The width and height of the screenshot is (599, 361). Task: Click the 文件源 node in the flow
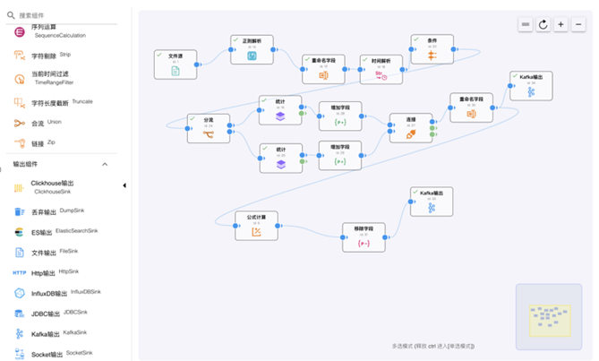[x=175, y=64]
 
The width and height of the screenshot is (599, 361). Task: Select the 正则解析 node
[x=252, y=50]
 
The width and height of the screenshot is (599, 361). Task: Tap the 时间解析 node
[x=382, y=70]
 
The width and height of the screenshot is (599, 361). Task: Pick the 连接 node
[x=411, y=128]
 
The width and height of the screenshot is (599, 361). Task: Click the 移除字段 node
[x=364, y=237]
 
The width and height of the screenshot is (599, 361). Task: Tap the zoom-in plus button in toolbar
[x=561, y=24]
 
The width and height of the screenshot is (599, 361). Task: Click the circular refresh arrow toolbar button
[x=543, y=24]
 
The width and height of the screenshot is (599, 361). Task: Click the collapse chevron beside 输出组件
[x=104, y=165]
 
